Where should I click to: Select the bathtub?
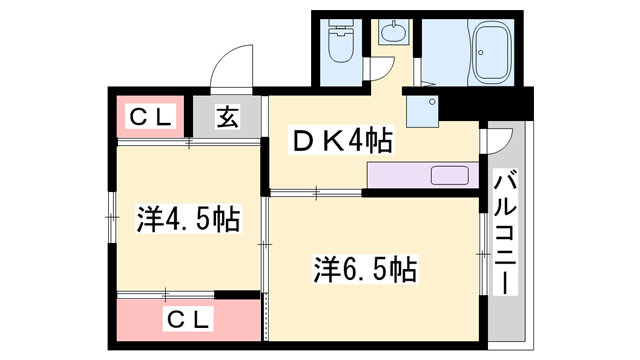(x=493, y=49)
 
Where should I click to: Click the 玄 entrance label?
(x=227, y=118)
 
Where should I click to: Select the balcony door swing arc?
(x=500, y=138)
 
